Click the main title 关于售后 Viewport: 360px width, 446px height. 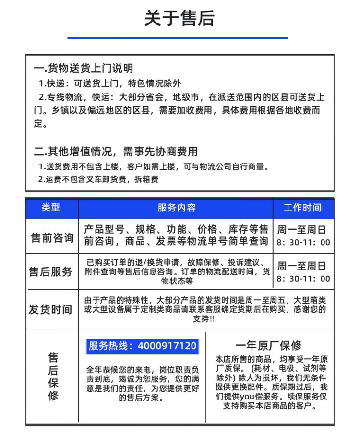tap(180, 18)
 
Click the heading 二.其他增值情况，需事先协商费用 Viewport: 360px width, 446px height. tap(116, 152)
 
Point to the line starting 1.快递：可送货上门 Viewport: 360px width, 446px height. tap(110, 83)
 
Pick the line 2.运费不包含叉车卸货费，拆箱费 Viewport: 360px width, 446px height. tap(98, 179)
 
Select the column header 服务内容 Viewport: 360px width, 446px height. tap(176, 208)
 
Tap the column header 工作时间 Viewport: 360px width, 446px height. tap(302, 208)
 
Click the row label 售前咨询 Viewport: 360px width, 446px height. tap(52, 238)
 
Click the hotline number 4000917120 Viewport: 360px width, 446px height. tap(167, 346)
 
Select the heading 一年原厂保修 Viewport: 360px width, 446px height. tap(268, 345)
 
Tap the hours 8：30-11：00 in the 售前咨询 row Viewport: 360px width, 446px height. tap(303, 242)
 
